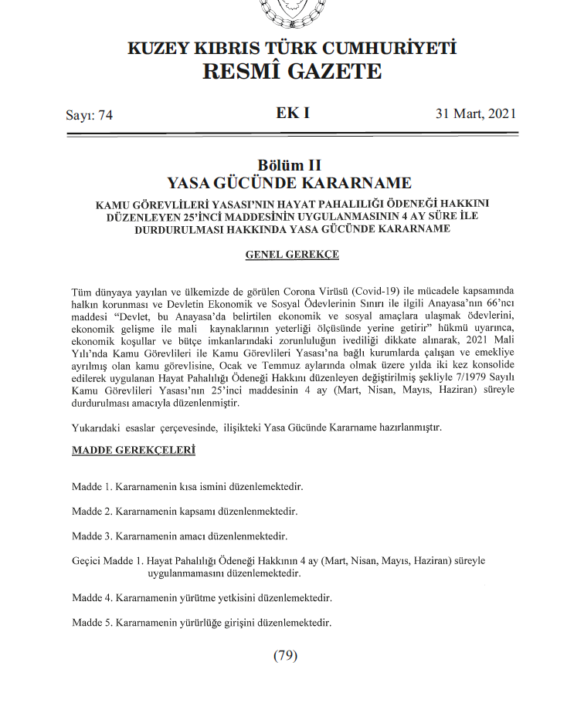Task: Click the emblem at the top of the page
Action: (x=291, y=11)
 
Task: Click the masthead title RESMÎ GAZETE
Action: (x=291, y=72)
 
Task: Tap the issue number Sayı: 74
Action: (x=90, y=115)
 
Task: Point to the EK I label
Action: (x=292, y=113)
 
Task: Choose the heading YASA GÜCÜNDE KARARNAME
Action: (x=291, y=184)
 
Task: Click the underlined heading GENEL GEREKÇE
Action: (x=291, y=254)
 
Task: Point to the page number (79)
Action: (x=285, y=656)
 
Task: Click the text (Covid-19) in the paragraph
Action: (x=364, y=291)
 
